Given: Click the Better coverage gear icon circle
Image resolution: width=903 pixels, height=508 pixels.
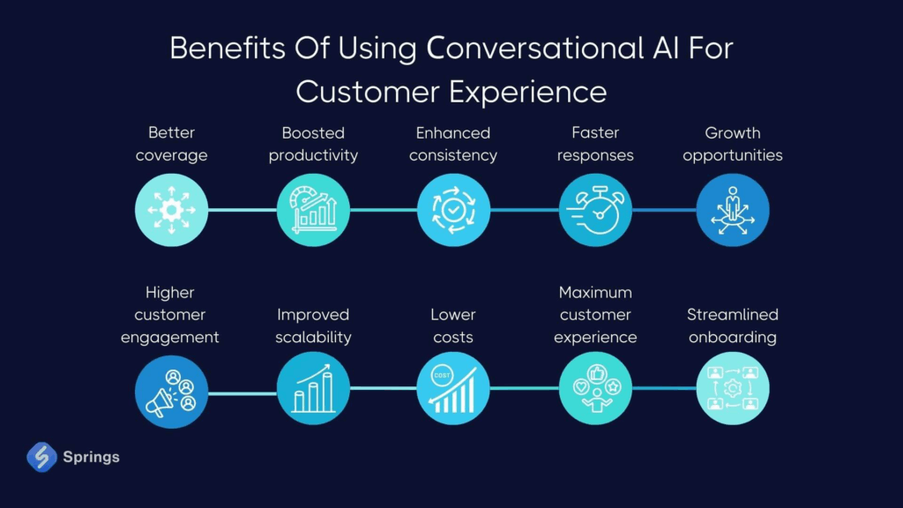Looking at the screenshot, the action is [x=171, y=210].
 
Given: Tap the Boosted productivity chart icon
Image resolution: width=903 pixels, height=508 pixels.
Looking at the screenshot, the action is [x=313, y=210].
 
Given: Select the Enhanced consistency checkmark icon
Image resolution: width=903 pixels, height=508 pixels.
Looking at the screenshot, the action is [x=453, y=210].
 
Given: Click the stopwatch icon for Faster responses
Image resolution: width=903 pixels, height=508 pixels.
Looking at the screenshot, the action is [x=595, y=210].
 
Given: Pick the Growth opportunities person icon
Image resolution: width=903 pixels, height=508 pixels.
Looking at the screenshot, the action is [x=733, y=210].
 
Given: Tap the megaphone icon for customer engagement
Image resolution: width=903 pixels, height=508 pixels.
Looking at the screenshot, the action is [x=171, y=392].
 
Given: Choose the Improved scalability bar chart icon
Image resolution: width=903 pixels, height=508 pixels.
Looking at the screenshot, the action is [x=313, y=388].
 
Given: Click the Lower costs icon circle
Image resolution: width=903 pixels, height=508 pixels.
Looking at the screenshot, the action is [x=453, y=388].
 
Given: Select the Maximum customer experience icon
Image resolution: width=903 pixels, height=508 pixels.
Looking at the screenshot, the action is [x=595, y=388].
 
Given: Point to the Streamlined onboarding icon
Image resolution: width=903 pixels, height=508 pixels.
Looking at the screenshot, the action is [x=733, y=388].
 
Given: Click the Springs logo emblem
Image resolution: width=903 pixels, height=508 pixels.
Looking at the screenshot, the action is [x=41, y=457].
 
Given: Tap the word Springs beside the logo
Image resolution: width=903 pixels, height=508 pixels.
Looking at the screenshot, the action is [x=91, y=458].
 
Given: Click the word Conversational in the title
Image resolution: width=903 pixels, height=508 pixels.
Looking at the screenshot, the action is [x=535, y=48].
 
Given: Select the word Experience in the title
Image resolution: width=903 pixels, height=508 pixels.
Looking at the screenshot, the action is [x=528, y=93].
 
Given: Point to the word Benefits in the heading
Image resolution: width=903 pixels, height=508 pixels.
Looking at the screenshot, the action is [x=228, y=48].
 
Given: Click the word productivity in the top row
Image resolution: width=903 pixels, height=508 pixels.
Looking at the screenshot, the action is [x=313, y=155].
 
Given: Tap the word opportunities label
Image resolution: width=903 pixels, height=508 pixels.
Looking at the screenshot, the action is [x=733, y=155].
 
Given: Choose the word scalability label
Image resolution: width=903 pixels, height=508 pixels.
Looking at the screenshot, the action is [x=313, y=337].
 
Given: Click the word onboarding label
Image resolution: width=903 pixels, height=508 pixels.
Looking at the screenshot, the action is [x=733, y=337].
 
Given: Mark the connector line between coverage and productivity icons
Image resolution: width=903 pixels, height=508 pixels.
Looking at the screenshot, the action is [x=243, y=210].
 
